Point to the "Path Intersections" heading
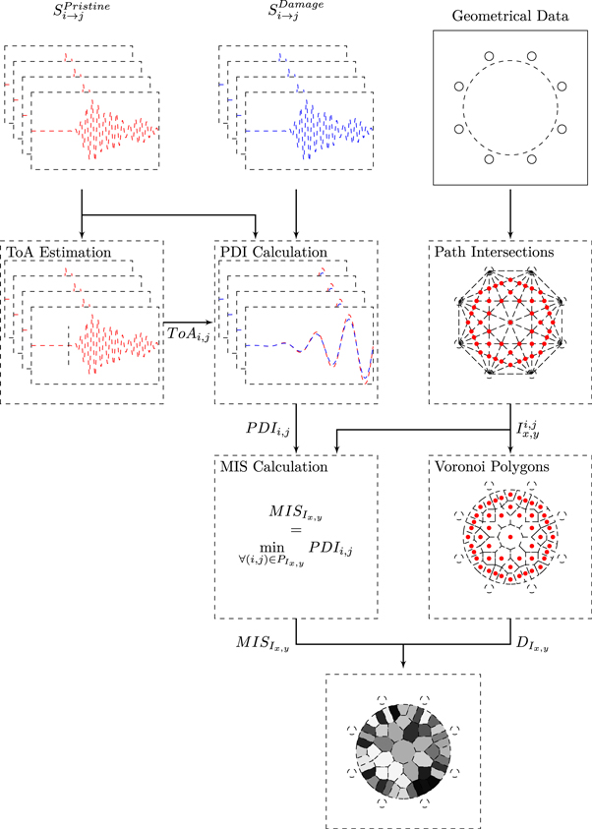point(497,252)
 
